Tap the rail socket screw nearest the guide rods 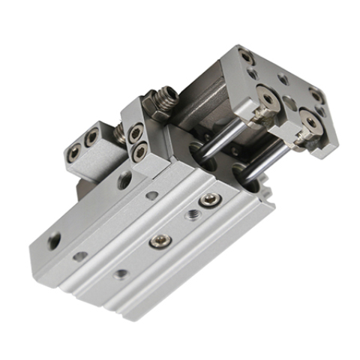tap(208, 202)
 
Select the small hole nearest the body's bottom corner tap(119, 274)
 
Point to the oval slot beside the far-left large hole tap(79, 256)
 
